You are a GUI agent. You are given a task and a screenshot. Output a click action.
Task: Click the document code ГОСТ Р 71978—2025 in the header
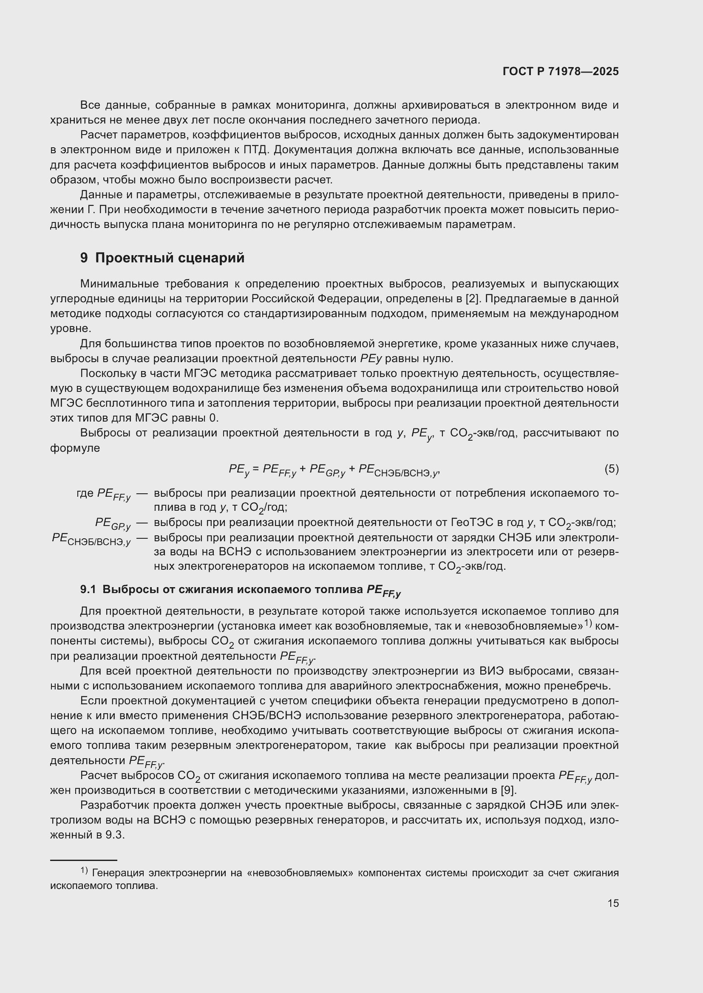click(561, 72)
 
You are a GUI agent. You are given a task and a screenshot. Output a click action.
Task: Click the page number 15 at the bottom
click(613, 903)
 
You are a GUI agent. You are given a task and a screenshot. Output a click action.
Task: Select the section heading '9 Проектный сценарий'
click(162, 258)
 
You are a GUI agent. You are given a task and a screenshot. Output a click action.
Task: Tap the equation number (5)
click(611, 469)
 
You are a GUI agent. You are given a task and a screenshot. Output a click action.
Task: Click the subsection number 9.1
click(88, 590)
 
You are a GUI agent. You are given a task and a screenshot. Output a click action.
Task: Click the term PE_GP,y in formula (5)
click(327, 470)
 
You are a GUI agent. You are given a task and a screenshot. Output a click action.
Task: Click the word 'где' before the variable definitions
click(85, 493)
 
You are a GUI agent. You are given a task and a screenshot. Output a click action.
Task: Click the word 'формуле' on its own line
click(75, 448)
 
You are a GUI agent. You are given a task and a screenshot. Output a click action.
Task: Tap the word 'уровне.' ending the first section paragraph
click(67, 329)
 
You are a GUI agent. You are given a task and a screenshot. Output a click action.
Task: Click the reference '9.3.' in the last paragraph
click(115, 835)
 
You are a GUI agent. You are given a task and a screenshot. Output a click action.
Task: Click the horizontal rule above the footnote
click(84, 861)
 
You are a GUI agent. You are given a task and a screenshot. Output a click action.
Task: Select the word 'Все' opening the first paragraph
click(90, 105)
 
